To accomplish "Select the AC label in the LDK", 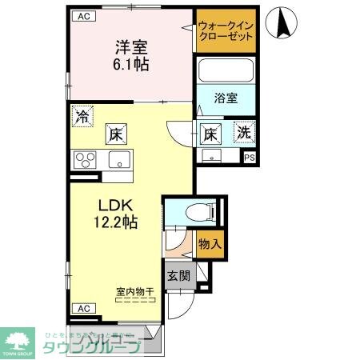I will pos(82,307).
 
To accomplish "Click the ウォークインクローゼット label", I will pos(226,31).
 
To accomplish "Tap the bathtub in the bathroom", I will pos(226,71).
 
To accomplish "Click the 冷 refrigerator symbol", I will pos(82,115).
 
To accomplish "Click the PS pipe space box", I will pos(249,158).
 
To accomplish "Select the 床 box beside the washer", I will pos(210,133).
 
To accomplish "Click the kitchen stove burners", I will pos(86,159).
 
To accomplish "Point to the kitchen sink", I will pos(118,159).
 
